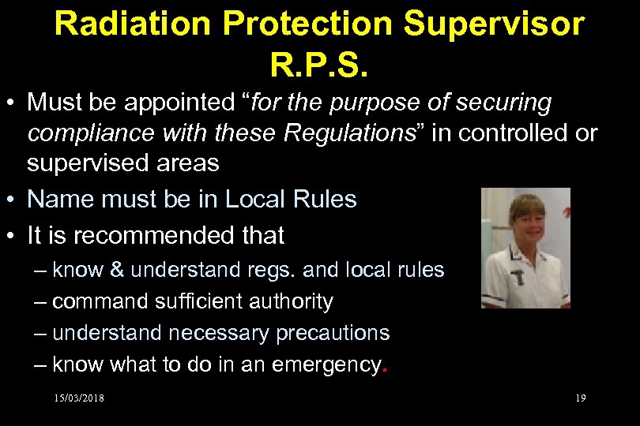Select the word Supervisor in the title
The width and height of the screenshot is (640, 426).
[496, 24]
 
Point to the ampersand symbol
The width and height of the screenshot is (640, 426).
[117, 271]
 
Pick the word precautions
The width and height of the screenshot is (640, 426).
[333, 333]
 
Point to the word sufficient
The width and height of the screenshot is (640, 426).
[194, 301]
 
